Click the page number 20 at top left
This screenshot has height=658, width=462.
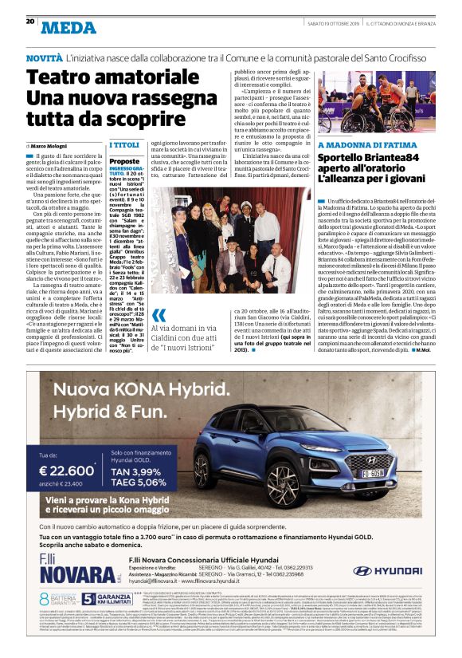[29, 21]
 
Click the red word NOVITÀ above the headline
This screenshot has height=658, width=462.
[44, 59]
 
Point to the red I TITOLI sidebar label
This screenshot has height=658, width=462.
[124, 145]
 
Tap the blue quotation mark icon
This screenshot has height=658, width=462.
[159, 314]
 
